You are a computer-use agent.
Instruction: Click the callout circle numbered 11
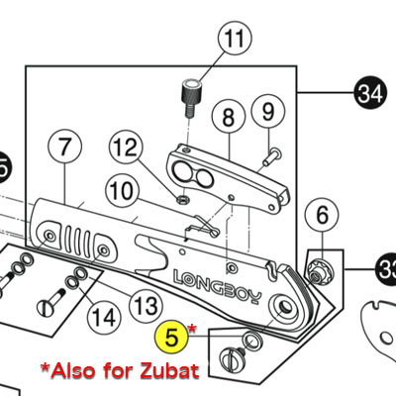click(x=235, y=38)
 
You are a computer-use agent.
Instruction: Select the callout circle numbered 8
click(x=229, y=117)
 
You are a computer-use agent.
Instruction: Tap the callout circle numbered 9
click(x=268, y=112)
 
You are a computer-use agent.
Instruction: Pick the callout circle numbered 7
click(x=64, y=147)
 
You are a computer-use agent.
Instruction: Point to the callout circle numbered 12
click(x=127, y=147)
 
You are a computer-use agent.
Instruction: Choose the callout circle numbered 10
click(x=122, y=191)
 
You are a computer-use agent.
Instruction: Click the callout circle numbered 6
click(x=322, y=216)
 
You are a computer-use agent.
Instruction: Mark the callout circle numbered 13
click(x=146, y=306)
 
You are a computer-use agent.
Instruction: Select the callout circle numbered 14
click(x=104, y=318)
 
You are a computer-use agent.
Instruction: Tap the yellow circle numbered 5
click(x=171, y=338)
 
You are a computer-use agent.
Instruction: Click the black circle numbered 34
click(x=370, y=93)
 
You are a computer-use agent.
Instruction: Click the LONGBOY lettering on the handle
click(x=218, y=286)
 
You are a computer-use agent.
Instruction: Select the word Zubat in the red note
click(x=169, y=370)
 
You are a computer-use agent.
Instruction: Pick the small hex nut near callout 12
click(x=182, y=199)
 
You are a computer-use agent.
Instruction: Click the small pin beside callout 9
click(x=272, y=157)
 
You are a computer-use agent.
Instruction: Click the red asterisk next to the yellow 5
click(x=192, y=329)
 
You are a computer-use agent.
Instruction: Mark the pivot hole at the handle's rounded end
click(x=284, y=306)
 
